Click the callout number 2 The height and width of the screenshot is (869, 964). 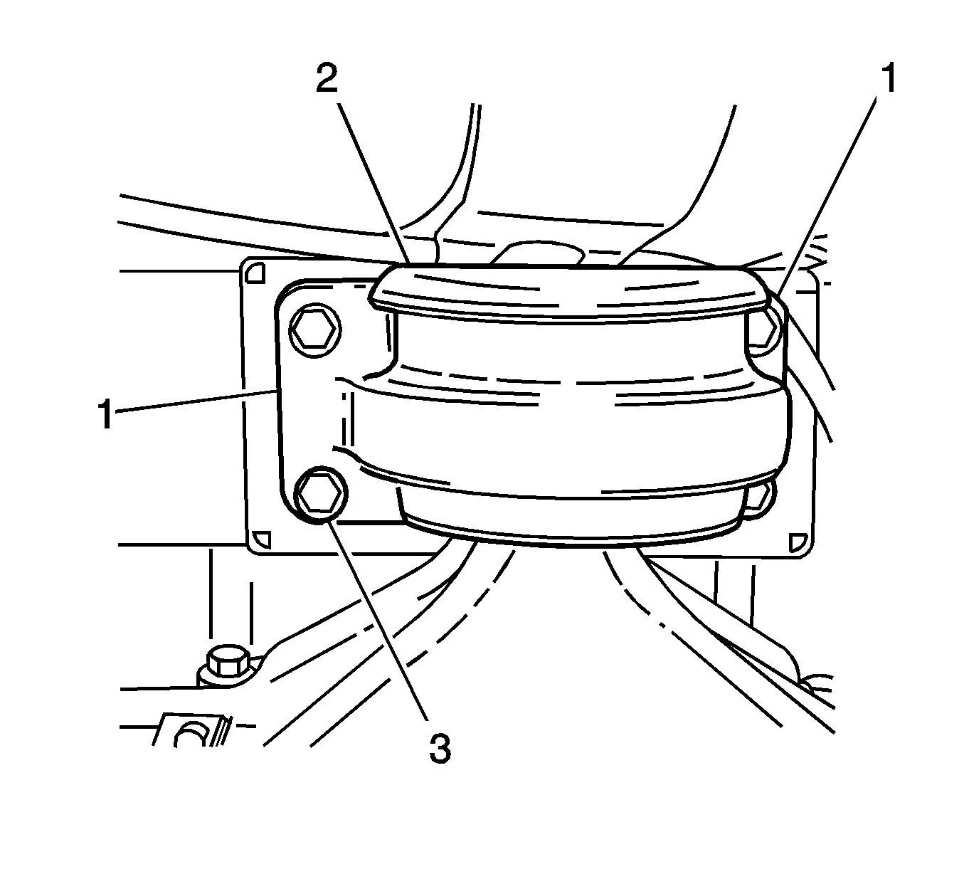(327, 79)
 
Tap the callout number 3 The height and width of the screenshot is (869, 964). (440, 749)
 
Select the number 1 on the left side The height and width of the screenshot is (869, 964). (106, 414)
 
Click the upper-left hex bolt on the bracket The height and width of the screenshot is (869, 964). (314, 330)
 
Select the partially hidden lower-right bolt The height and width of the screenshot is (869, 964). (758, 500)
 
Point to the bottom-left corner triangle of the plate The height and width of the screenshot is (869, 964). (261, 540)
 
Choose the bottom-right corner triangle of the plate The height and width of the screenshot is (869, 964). (798, 542)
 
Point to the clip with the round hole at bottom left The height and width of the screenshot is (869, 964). (191, 731)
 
